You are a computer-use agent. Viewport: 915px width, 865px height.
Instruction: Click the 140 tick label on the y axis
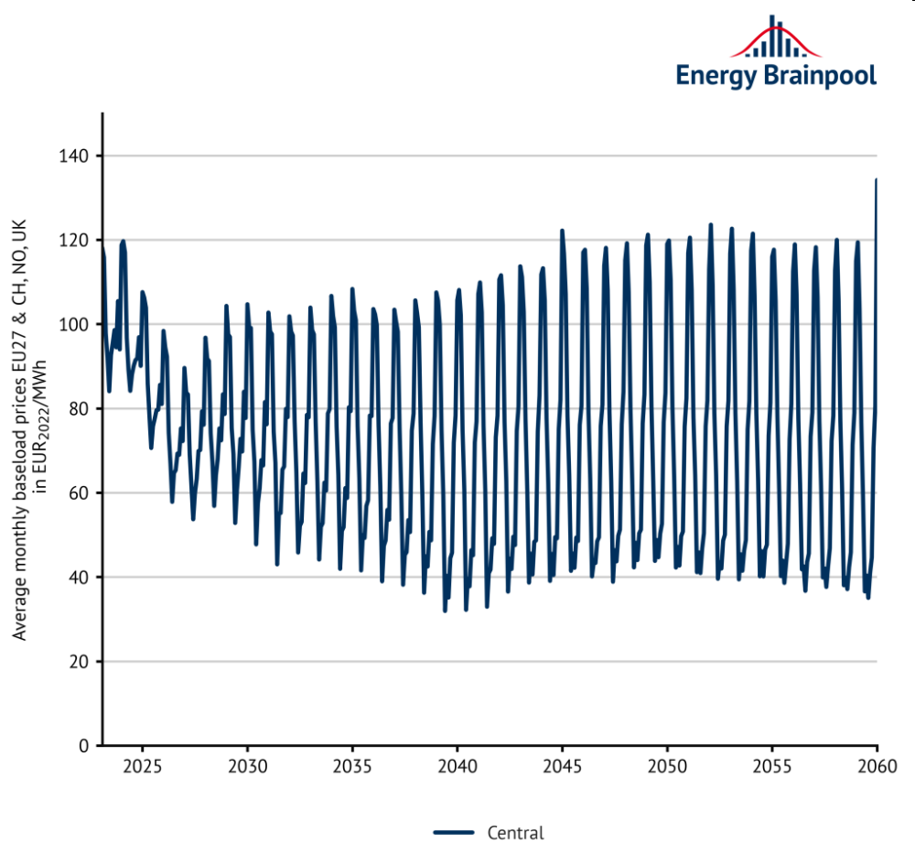pyautogui.click(x=74, y=157)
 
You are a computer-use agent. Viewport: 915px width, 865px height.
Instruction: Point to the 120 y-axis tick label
pyautogui.click(x=74, y=241)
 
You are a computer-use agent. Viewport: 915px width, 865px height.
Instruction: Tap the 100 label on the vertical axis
pyautogui.click(x=74, y=325)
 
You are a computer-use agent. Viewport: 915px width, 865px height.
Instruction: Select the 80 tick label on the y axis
pyautogui.click(x=78, y=409)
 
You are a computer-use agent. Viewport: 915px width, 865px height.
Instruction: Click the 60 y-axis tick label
pyautogui.click(x=78, y=493)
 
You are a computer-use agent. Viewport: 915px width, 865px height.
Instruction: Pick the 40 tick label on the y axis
pyautogui.click(x=78, y=578)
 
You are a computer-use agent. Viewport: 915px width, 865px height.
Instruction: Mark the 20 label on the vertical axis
pyautogui.click(x=78, y=662)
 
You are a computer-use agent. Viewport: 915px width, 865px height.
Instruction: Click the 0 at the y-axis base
pyautogui.click(x=82, y=746)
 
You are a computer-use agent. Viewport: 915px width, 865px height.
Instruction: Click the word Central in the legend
pyautogui.click(x=515, y=833)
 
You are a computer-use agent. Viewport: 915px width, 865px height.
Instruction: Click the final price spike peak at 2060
pyautogui.click(x=877, y=179)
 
